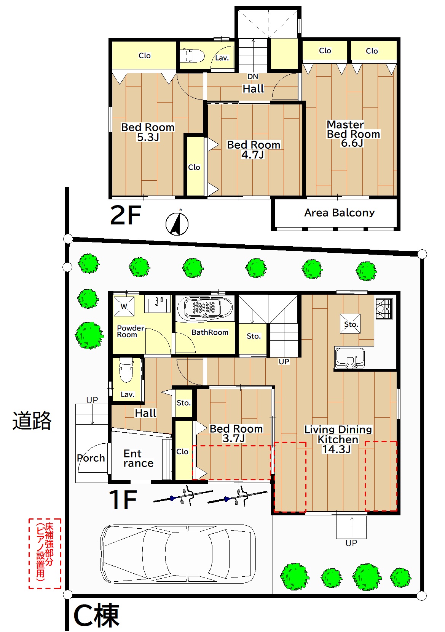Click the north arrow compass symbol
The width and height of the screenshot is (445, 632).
pos(177,223)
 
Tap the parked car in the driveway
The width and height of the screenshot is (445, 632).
pos(178,554)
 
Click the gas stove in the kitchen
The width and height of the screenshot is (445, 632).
pos(384,309)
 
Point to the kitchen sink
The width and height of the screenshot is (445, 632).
pos(349,358)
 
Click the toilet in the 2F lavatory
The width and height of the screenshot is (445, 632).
pos(192,56)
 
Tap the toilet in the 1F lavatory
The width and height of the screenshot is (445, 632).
pos(126,370)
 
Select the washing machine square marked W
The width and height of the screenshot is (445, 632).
pos(124,306)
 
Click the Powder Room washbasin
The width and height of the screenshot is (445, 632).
pos(158,304)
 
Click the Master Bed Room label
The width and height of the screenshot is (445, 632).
pos(353,129)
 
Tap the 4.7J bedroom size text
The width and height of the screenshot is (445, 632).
pos(252,155)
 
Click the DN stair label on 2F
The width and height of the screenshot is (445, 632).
pos(253,77)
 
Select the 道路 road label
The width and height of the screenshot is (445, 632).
pos(32,421)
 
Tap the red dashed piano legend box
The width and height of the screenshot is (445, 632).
pos(45,553)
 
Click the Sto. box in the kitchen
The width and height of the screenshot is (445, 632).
pos(350,324)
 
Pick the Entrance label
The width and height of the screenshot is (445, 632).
pos(138,459)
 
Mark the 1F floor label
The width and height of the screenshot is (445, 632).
pos(123,500)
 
